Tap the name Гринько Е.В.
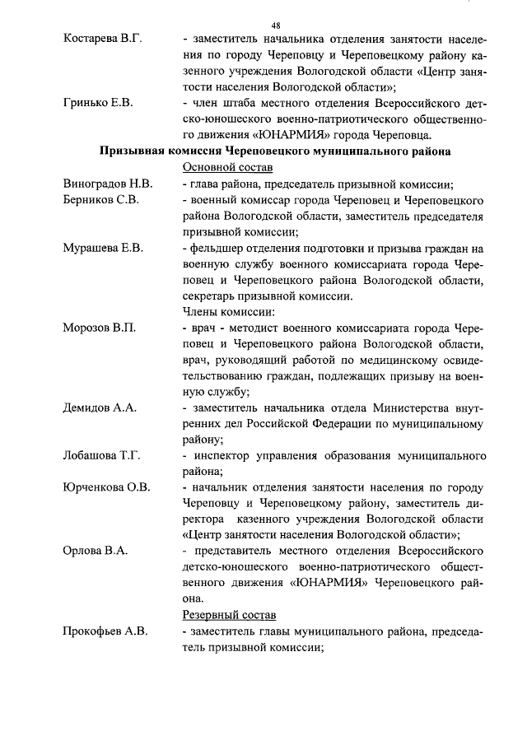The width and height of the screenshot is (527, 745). click(x=97, y=104)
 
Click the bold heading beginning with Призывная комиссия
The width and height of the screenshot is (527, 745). click(x=275, y=151)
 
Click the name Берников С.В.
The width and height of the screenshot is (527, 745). click(x=101, y=200)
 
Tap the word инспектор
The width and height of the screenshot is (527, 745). click(x=226, y=455)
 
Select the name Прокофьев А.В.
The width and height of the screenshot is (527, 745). click(x=105, y=631)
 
